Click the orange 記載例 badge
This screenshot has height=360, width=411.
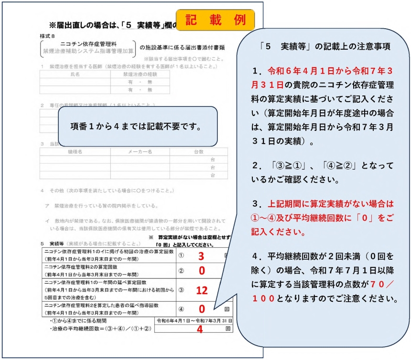216,20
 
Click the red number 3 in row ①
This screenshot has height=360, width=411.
201,255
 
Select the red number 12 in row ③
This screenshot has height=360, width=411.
202,290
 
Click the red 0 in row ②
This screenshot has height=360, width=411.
202,271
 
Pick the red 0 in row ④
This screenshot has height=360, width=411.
202,309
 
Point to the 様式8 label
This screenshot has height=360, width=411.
48,36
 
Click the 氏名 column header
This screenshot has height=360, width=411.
75,74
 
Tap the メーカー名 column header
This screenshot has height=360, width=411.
140,152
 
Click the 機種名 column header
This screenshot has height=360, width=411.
75,152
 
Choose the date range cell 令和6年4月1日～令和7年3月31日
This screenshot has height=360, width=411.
194,320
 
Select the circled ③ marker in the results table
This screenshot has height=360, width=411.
181,290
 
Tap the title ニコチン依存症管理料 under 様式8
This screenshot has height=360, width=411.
89,42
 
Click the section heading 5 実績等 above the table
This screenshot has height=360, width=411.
51,244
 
